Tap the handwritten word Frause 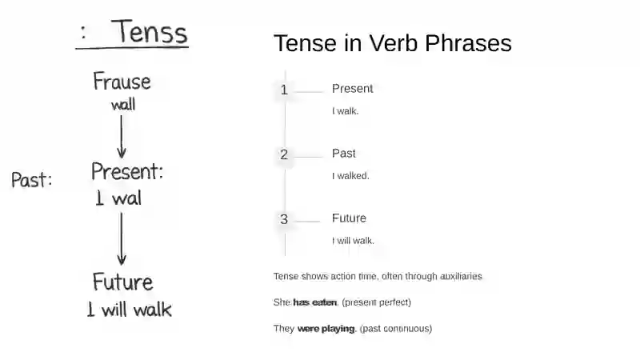click(x=122, y=82)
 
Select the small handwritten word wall click(x=123, y=105)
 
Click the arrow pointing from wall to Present click(x=122, y=136)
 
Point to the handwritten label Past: click(x=32, y=179)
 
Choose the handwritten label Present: click(x=127, y=171)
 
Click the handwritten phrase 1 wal click(x=118, y=198)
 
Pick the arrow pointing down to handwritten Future click(x=122, y=238)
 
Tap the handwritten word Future click(x=123, y=282)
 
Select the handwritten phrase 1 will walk click(x=130, y=310)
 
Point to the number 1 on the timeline click(x=284, y=90)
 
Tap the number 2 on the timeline click(x=284, y=154)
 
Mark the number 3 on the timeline click(x=284, y=219)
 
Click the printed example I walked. click(x=350, y=176)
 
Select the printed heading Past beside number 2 click(x=344, y=153)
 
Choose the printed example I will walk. click(x=353, y=241)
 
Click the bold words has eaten click(x=315, y=302)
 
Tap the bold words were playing click(x=326, y=329)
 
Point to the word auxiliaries click(x=461, y=276)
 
